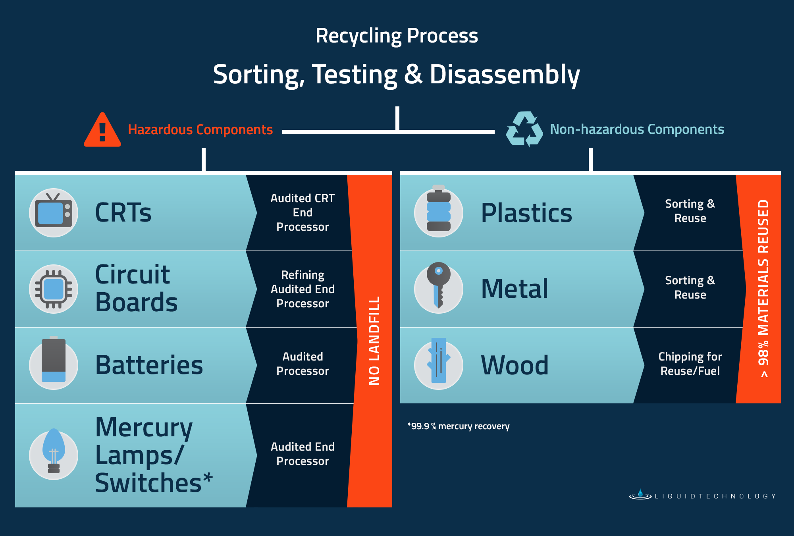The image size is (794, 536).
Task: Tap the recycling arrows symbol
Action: (524, 129)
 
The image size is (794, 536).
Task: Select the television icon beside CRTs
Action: (54, 213)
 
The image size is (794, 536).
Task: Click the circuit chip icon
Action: (54, 289)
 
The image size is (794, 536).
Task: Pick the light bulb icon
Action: (54, 453)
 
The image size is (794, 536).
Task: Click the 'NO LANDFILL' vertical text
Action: (374, 341)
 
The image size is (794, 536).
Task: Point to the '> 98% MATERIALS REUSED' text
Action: (763, 288)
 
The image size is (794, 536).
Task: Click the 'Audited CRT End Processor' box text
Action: (303, 212)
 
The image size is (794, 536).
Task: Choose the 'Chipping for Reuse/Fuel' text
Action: (690, 364)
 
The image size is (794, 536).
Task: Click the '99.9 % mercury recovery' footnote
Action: (459, 426)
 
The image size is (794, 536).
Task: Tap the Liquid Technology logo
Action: (703, 496)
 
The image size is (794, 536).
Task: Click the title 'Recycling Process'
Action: (397, 36)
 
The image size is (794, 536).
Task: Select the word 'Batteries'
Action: (149, 365)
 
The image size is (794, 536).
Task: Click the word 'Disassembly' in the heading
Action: (505, 75)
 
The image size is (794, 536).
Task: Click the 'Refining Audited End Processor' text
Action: (303, 289)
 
